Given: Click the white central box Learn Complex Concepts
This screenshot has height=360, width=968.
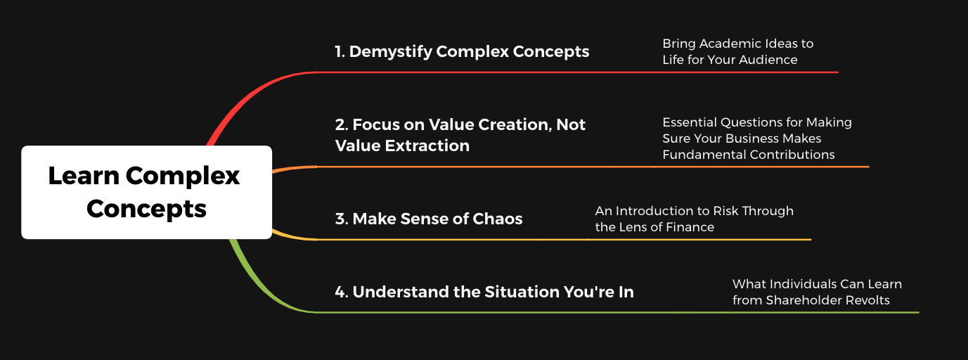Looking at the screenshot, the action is (146, 193).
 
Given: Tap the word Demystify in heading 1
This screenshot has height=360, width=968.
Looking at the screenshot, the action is (391, 52).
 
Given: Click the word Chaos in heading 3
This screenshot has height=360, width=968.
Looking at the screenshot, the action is (498, 219).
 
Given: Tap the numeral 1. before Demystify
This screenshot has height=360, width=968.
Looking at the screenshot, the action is (340, 52).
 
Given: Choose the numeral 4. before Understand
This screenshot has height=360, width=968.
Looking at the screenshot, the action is (342, 292).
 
